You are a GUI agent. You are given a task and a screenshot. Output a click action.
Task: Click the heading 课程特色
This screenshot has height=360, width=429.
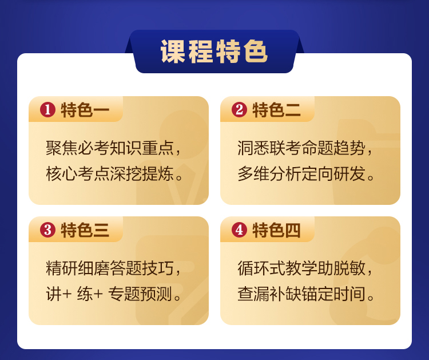214,52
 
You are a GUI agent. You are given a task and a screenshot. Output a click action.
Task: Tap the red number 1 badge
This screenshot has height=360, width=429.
48,110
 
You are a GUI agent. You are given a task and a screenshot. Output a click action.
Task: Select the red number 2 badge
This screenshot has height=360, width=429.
240,110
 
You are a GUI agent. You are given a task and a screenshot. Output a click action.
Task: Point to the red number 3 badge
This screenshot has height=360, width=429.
48,230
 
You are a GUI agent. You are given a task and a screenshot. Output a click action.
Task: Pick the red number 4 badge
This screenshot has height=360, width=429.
240,230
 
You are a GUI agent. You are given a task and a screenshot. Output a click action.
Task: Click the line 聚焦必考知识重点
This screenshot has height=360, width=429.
110,148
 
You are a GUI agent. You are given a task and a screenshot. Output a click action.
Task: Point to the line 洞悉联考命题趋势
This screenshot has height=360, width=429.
302,148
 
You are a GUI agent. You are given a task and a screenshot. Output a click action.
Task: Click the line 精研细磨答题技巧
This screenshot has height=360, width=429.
110,268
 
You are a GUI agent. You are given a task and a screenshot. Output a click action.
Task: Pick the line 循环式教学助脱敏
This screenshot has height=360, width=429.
302,268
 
